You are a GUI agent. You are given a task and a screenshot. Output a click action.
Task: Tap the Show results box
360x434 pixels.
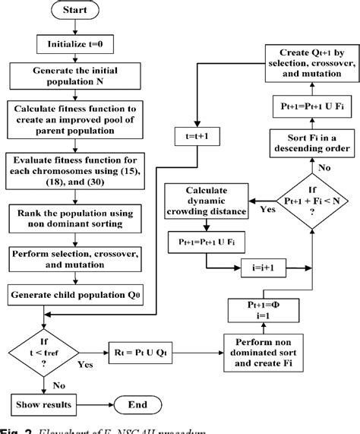pyautogui.click(x=47, y=405)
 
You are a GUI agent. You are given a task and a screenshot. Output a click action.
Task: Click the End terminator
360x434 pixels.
pyautogui.click(x=141, y=405)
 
